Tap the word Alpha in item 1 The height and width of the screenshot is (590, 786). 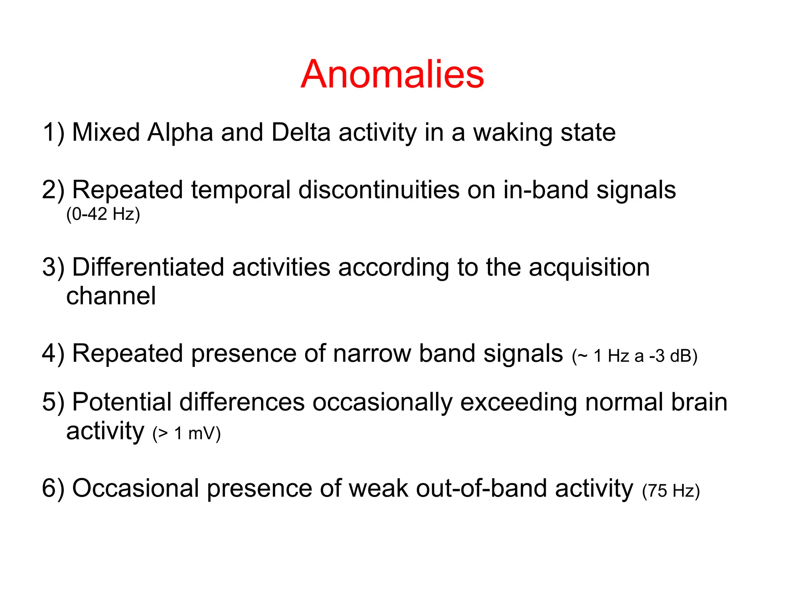pyautogui.click(x=180, y=133)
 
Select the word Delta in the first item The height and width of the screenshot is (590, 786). pyautogui.click(x=301, y=133)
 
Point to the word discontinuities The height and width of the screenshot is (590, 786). pyautogui.click(x=379, y=190)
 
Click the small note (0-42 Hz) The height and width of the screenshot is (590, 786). pyautogui.click(x=103, y=214)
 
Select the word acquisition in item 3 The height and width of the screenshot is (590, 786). pyautogui.click(x=589, y=268)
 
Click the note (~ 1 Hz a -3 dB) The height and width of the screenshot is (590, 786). pyautogui.click(x=634, y=356)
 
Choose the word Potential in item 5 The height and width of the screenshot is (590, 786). pyautogui.click(x=122, y=402)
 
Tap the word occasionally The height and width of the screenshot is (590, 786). pyautogui.click(x=382, y=403)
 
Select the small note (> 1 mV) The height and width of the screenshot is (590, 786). pyautogui.click(x=187, y=433)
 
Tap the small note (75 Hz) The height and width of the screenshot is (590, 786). pyautogui.click(x=671, y=491)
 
